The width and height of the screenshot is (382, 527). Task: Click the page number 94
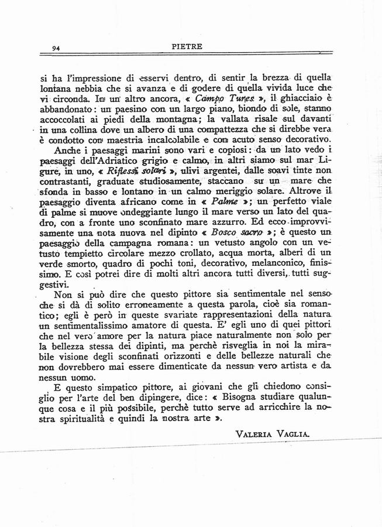tap(57, 48)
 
